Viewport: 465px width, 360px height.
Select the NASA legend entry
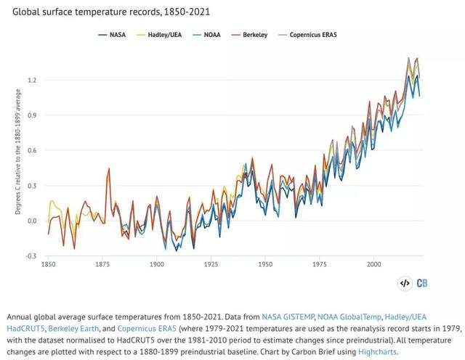(x=117, y=34)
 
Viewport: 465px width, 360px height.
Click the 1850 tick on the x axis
(x=49, y=265)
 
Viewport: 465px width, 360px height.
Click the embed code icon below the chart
(x=405, y=283)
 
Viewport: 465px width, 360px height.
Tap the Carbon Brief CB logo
(x=422, y=283)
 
